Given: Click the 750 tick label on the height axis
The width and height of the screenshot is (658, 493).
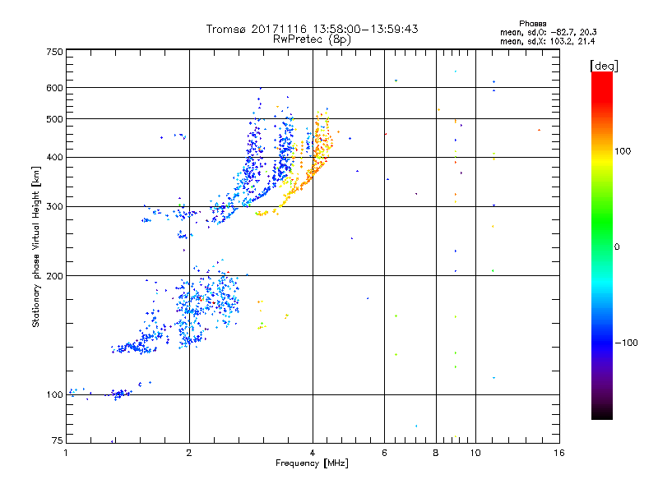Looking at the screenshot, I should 54,52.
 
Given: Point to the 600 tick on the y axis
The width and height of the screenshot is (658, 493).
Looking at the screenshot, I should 54,88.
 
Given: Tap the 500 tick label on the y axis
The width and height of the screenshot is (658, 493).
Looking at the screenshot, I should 54,119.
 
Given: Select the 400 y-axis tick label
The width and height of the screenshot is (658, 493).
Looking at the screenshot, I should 54,158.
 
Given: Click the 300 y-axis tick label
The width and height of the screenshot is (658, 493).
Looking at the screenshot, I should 54,207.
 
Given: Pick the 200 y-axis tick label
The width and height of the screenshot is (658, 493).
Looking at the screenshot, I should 54,276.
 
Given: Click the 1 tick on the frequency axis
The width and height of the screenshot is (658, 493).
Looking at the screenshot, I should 66,452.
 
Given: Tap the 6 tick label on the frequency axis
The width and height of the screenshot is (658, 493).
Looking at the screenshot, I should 384,452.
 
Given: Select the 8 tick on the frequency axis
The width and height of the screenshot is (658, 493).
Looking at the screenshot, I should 436,452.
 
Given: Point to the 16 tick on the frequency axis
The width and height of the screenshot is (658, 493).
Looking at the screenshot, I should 558,452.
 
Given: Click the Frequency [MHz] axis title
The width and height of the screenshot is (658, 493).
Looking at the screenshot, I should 312,463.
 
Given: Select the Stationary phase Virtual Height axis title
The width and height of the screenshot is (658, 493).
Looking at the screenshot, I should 36,247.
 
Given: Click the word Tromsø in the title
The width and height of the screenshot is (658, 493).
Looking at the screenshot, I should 228,29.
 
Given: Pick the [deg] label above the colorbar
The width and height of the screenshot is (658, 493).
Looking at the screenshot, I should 605,65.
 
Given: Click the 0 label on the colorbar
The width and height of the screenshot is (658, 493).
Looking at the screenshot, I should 617,246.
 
